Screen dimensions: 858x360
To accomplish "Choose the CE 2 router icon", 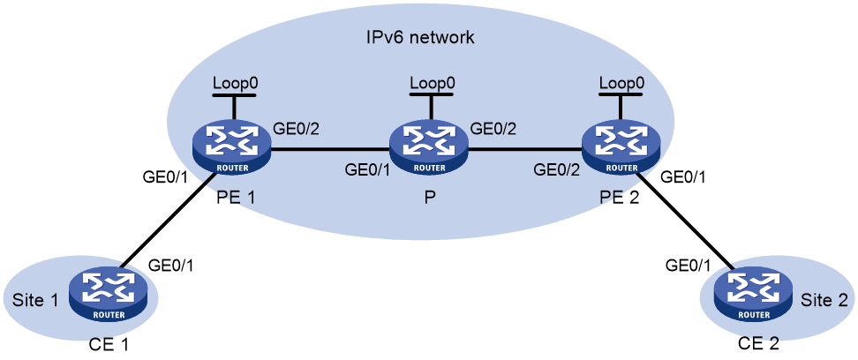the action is [755, 296].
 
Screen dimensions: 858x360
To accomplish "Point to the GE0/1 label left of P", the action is [367, 169].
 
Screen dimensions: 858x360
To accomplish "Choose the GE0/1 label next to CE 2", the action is [688, 266].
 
